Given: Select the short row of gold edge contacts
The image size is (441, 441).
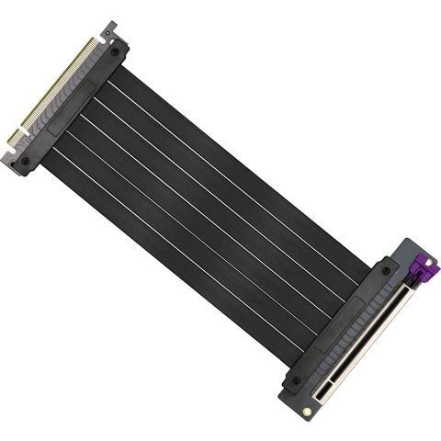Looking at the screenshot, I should coord(16,136).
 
